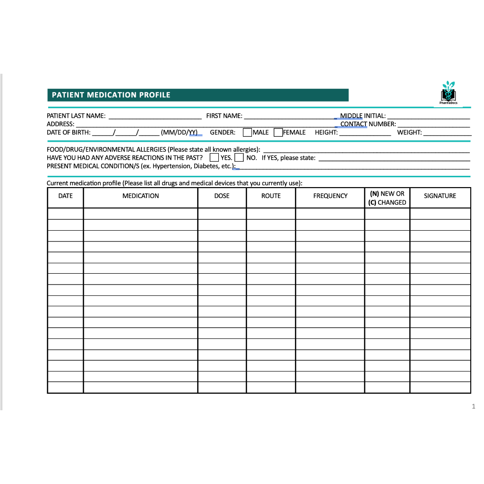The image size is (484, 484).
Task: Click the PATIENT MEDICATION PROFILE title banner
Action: pos(198,95)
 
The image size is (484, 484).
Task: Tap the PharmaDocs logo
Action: pos(448,92)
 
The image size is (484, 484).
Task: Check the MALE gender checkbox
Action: pos(247,132)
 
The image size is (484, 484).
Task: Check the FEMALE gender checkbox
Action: pos(278,132)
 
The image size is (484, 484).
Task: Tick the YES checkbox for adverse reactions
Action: pos(214,157)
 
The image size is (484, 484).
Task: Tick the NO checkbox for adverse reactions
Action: pos(239,157)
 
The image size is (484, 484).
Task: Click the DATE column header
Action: pos(66,196)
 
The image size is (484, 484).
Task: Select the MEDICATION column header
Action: pos(140,196)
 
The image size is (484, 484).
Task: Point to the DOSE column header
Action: pos(222,196)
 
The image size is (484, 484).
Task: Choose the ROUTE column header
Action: pos(271,196)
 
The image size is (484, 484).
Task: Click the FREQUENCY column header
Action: pos(330,196)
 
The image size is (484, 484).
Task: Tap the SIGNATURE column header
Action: pos(440,196)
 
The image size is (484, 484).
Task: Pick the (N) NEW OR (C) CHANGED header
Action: pos(387,198)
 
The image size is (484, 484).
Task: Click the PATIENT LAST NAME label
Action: pos(76,116)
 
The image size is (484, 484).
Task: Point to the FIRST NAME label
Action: pos(224,116)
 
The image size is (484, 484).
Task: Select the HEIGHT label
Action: pos(326,132)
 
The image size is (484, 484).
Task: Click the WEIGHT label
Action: pos(409,132)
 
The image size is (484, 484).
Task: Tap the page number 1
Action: pos(473,406)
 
